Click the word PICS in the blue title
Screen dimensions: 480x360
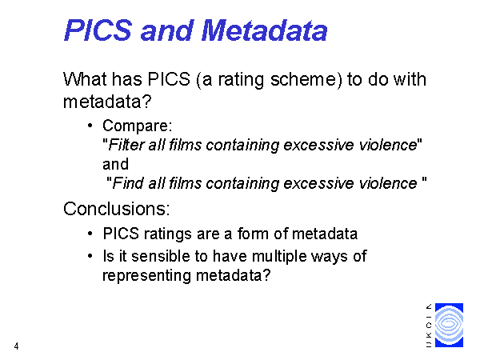[98, 30]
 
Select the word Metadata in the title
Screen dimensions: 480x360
[264, 30]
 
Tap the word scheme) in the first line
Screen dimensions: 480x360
[306, 80]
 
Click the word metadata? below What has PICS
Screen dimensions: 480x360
[107, 102]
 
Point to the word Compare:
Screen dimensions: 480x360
[138, 126]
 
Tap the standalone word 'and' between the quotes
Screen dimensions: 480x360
[115, 164]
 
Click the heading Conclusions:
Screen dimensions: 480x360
[116, 209]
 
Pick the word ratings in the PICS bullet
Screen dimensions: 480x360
[168, 234]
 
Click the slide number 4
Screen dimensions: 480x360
[16, 346]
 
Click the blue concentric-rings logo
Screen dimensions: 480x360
[449, 325]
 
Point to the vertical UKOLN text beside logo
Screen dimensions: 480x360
[429, 326]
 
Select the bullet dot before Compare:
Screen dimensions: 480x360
[90, 125]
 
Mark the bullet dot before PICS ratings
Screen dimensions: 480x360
[90, 234]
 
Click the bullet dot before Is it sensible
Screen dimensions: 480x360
[90, 256]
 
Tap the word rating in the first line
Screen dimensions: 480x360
[241, 80]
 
